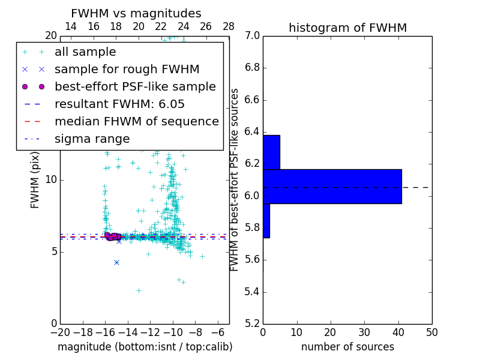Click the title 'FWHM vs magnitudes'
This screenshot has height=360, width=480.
point(136,14)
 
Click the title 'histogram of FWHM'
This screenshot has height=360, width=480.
point(347,28)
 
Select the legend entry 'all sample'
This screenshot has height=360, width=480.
point(85,52)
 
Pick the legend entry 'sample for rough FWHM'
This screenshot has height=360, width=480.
point(127,70)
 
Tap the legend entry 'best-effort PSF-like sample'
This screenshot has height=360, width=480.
point(135,87)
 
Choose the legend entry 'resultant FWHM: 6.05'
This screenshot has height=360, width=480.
point(119,104)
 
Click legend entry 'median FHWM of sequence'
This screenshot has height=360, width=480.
point(136,122)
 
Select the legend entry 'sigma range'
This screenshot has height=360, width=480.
point(92,139)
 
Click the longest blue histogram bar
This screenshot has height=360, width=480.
point(332,187)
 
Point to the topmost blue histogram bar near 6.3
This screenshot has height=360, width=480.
point(271,152)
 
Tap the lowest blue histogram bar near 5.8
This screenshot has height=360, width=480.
point(266,221)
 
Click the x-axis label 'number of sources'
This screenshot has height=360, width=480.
point(347,347)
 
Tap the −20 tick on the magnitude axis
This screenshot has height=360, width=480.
point(60,332)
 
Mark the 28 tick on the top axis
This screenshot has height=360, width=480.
point(229,26)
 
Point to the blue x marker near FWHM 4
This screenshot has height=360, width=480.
point(116,262)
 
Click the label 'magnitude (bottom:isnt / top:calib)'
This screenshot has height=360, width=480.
point(145,347)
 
